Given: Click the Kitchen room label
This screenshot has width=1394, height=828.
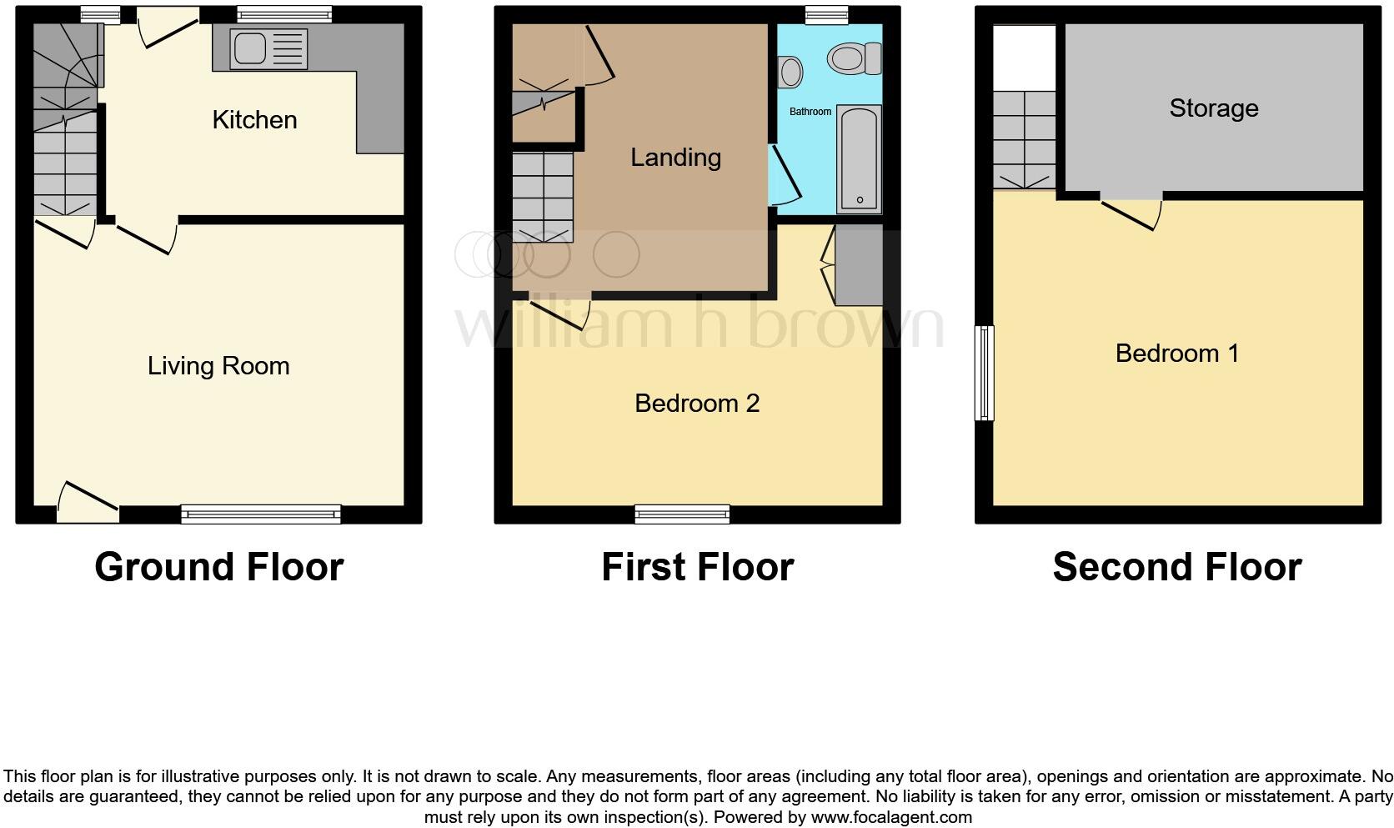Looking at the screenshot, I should (x=254, y=120).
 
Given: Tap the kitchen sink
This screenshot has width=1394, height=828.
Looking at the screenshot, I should (x=259, y=49).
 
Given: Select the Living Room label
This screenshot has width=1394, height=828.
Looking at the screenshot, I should (x=218, y=366).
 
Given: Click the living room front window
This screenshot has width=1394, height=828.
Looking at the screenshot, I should (x=261, y=514).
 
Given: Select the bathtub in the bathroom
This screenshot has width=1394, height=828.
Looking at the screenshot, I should (x=859, y=158).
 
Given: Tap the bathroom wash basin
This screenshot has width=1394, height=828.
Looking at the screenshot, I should (x=790, y=72).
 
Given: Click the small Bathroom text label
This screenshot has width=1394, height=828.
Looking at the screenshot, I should (x=810, y=112).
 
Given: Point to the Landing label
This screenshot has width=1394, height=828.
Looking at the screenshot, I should (x=675, y=158).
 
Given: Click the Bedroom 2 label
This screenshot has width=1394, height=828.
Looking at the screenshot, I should (x=697, y=404).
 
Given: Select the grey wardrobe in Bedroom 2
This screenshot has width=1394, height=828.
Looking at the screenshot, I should (x=859, y=265).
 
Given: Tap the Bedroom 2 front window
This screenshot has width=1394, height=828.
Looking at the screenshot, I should (x=682, y=514).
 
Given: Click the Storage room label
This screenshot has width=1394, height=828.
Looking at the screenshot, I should (x=1213, y=108).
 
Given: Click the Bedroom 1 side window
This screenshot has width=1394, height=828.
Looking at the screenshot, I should (x=985, y=373).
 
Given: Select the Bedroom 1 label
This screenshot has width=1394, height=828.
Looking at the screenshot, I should (x=1176, y=354).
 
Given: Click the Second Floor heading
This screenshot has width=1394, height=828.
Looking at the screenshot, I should (x=1176, y=567).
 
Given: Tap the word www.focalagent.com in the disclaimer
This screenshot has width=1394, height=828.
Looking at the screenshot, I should (x=891, y=817).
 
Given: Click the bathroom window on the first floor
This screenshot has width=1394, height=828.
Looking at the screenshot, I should (x=827, y=14).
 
